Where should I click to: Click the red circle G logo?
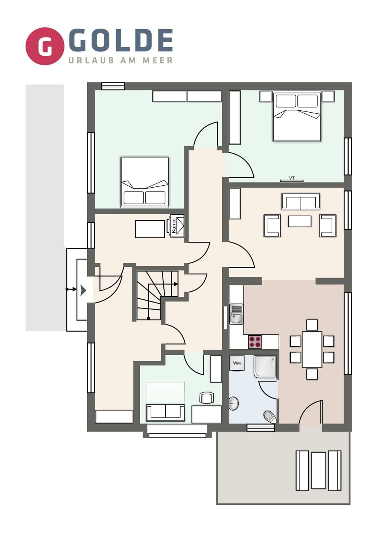pyautogui.click(x=45, y=46)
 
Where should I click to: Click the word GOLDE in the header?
pyautogui.click(x=121, y=40)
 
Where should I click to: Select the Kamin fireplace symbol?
pyautogui.click(x=177, y=226)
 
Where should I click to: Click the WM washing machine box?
pyautogui.click(x=237, y=363)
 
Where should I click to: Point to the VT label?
pyautogui.click(x=292, y=178)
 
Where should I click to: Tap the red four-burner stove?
pyautogui.click(x=255, y=342)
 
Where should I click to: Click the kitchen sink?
pyautogui.click(x=236, y=314)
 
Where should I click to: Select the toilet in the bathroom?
pyautogui.click(x=270, y=416)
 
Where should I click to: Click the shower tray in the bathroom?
pyautogui.click(x=265, y=366)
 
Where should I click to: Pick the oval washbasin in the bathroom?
pyautogui.click(x=234, y=403)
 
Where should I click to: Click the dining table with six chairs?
pyautogui.click(x=312, y=349)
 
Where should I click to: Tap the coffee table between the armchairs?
pyautogui.click(x=300, y=221)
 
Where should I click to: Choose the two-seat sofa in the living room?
pyautogui.click(x=301, y=201)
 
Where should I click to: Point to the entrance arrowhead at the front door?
pyautogui.click(x=83, y=290)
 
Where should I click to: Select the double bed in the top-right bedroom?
pyautogui.click(x=297, y=117)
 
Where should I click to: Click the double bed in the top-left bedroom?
pyautogui.click(x=145, y=182)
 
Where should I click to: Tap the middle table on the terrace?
pyautogui.click(x=318, y=470)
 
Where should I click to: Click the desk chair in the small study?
pyautogui.click(x=207, y=398)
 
